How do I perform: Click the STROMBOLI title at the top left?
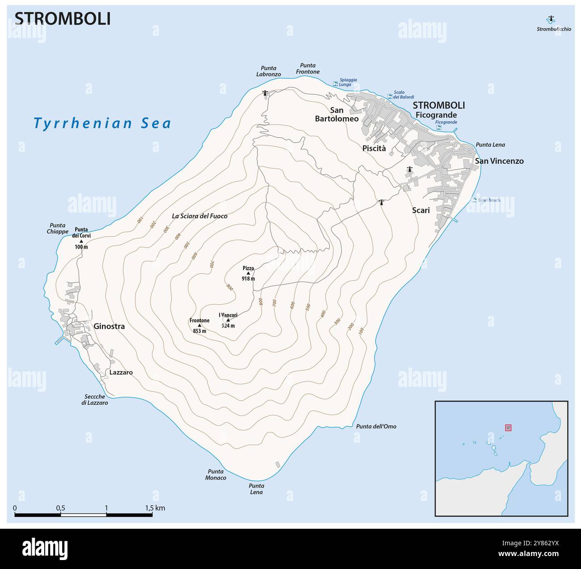[x=63, y=19]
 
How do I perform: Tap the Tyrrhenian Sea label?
[x=102, y=123]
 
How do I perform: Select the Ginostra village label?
[x=109, y=327]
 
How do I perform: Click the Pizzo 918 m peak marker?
[x=248, y=273]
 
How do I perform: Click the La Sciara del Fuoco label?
[x=199, y=216]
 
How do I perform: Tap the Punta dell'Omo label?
[x=376, y=426]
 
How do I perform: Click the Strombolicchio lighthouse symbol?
[x=551, y=19]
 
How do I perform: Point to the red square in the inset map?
[x=508, y=428]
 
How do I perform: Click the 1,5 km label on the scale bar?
[x=155, y=508]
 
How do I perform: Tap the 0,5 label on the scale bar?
[x=60, y=508]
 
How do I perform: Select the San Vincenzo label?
[x=499, y=161]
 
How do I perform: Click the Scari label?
[x=420, y=210]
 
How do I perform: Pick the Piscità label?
[x=374, y=149]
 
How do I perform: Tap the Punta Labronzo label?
[x=269, y=71]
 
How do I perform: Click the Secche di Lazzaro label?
[x=94, y=399]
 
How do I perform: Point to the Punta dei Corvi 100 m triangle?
[x=81, y=241]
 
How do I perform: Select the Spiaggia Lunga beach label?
[x=348, y=82]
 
